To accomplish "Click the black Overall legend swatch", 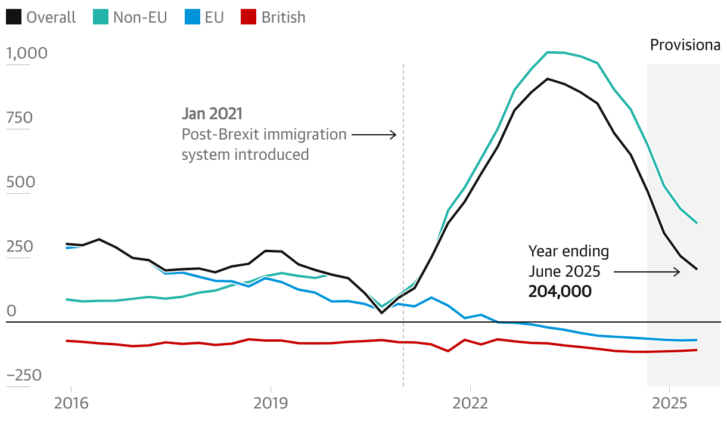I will pyautogui.click(x=14, y=18).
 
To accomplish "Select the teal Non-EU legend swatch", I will pyautogui.click(x=101, y=18).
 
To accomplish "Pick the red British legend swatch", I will pyautogui.click(x=248, y=18).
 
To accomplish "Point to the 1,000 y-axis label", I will pyautogui.click(x=27, y=54).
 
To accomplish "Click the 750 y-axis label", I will pyautogui.click(x=19, y=118).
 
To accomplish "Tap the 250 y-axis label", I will pyautogui.click(x=19, y=247).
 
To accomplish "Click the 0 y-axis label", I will pyautogui.click(x=11, y=311).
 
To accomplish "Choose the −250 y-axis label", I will pyautogui.click(x=24, y=376).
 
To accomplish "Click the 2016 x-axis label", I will pyautogui.click(x=71, y=403).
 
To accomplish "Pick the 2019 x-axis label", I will pyautogui.click(x=271, y=403).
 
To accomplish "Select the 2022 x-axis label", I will pyautogui.click(x=470, y=403).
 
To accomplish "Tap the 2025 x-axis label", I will pyautogui.click(x=669, y=403).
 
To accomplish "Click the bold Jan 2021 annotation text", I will pyautogui.click(x=212, y=113).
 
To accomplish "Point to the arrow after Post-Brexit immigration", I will pyautogui.click(x=374, y=135).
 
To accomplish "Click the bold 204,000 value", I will pyautogui.click(x=560, y=292).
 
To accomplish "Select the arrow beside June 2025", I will pyautogui.click(x=647, y=272).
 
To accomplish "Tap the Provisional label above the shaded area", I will pyautogui.click(x=685, y=45).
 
